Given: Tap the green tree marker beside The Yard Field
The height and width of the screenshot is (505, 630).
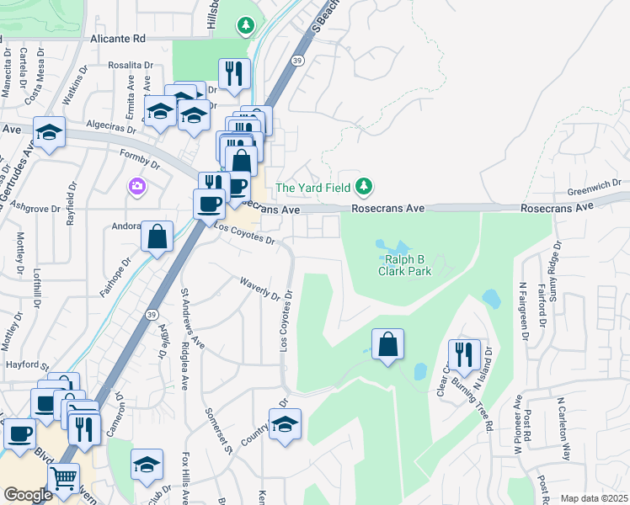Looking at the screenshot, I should (x=364, y=185).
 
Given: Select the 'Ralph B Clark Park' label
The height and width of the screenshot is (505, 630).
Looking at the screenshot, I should (x=403, y=266).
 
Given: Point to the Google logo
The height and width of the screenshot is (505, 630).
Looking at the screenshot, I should (x=27, y=495).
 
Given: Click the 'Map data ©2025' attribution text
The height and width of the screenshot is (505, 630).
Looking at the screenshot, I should (x=594, y=498).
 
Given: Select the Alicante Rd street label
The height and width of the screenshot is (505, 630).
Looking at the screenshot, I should (x=118, y=39).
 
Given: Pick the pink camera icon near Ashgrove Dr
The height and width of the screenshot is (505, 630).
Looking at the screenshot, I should (x=136, y=185).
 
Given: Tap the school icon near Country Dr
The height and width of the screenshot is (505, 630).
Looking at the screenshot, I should (x=285, y=425).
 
